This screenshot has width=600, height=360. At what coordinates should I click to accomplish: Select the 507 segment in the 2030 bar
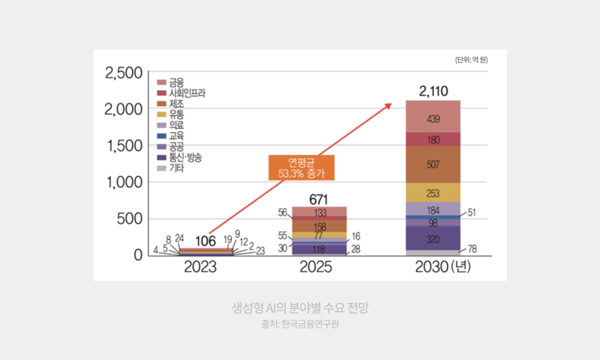pos(433,164)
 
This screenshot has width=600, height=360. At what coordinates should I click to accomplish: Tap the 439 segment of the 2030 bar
pos(433,119)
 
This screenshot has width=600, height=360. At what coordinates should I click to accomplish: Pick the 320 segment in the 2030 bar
pos(433,238)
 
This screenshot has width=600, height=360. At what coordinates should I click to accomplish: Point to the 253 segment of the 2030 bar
pos(433,193)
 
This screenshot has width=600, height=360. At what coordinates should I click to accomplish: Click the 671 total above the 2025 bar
pos(319,199)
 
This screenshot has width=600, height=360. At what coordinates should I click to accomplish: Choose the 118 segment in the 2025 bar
pos(319,249)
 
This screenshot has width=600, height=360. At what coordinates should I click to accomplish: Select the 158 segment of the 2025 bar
pos(319,227)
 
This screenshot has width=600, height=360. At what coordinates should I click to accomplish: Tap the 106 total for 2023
pos(205,241)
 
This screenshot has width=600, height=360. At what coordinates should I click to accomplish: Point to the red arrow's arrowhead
pos(388,106)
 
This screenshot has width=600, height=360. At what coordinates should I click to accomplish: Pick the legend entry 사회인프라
pos(181,92)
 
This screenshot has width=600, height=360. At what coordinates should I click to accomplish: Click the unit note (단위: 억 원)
pos(471,59)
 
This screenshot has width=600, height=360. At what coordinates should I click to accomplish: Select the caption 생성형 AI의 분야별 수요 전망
pos(300,308)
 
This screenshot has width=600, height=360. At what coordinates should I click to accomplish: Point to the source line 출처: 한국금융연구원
pos(300,325)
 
